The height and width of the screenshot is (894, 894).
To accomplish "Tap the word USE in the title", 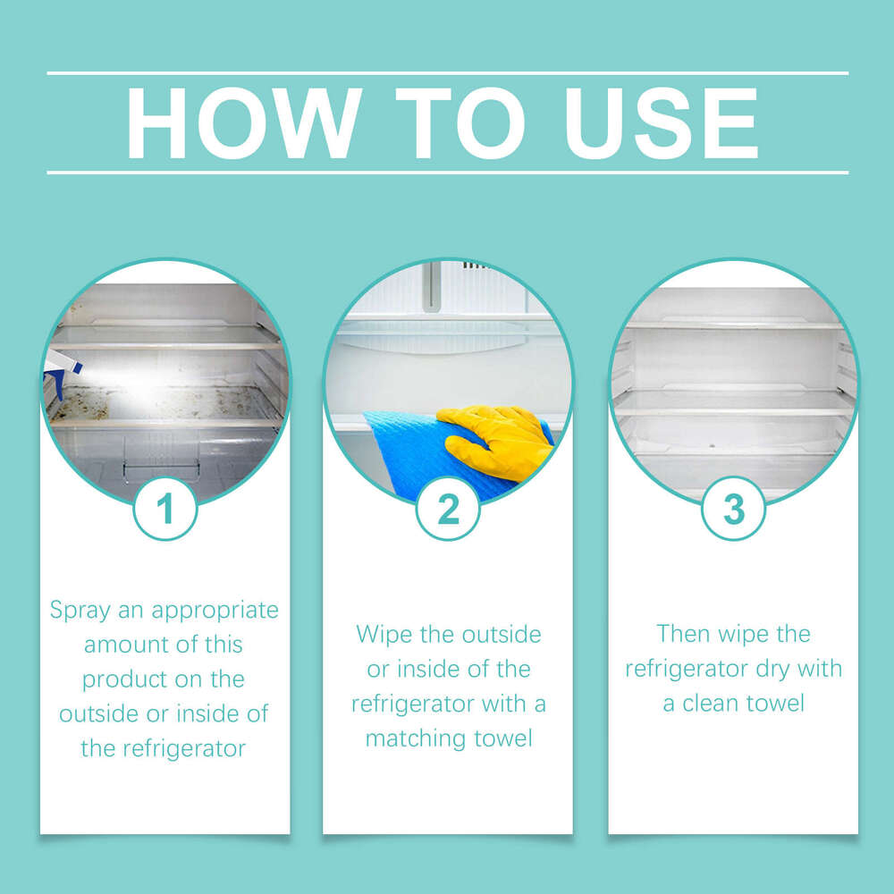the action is pos(661,123).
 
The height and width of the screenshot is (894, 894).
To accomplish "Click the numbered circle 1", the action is pos(165,508).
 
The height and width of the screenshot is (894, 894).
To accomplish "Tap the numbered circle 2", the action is pos(448,508).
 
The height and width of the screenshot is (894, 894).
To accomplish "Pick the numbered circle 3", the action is pos(733,508).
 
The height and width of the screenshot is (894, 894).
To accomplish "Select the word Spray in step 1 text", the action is pos(80,611).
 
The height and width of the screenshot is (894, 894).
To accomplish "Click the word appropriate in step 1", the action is pos(215,611).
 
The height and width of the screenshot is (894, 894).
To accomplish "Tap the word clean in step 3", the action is pos(706,703).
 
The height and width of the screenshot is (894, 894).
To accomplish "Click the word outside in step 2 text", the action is pos(502,635).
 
